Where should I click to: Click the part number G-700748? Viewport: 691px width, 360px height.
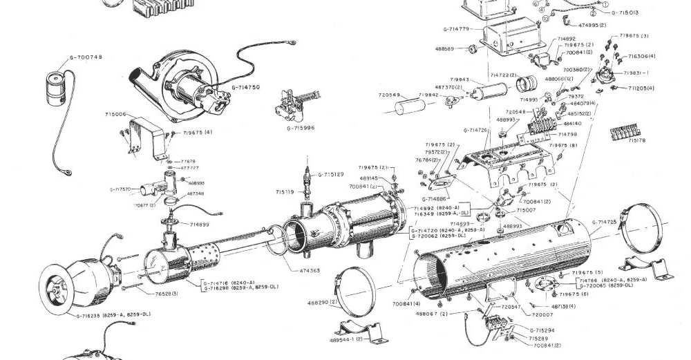coord(86,57)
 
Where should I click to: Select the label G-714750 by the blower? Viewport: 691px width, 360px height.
coord(245,88)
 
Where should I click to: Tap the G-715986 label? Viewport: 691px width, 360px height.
coord(301,128)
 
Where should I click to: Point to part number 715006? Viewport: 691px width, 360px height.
coord(115,114)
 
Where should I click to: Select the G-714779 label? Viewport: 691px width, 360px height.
coord(457,29)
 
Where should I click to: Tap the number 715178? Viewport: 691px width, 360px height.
coord(637,140)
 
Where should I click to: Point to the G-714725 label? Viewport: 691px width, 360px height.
coord(605,222)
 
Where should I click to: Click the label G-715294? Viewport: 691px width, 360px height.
coord(543,331)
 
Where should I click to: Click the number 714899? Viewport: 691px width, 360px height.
coord(200,225)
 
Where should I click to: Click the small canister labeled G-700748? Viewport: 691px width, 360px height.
coord(56,80)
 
